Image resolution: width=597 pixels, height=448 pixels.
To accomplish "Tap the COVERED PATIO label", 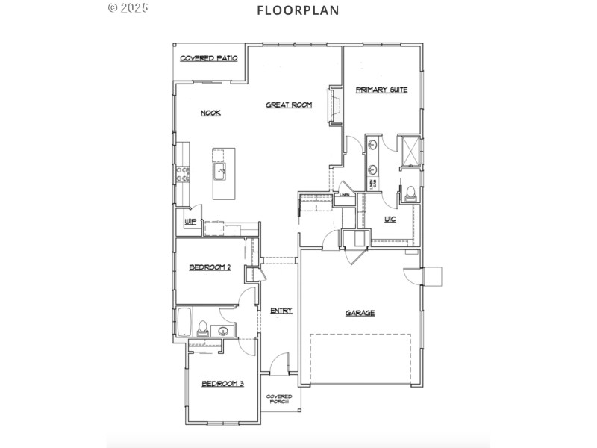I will point(209,57).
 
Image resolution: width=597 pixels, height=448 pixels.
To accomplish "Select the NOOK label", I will point(210,113).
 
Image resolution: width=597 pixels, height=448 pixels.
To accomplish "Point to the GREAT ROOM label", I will point(289,105).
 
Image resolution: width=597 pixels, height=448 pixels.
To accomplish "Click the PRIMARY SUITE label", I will point(381,90).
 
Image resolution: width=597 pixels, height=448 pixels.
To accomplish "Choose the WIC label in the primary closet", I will point(390,219).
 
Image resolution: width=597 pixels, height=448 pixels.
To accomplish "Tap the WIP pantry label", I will point(190,222).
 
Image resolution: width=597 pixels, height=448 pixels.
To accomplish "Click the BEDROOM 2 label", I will point(210,267).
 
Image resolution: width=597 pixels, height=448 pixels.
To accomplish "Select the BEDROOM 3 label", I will point(222,384).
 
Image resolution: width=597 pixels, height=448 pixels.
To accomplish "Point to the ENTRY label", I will point(281,311).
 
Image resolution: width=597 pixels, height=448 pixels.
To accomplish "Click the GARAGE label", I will point(360,313).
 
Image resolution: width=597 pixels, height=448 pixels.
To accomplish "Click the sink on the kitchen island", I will point(220,172).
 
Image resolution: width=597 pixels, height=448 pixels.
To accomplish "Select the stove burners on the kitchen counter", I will point(182,173).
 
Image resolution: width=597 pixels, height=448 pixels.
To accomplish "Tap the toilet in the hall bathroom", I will point(201,326).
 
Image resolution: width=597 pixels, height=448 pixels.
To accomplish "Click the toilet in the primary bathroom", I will point(410,192).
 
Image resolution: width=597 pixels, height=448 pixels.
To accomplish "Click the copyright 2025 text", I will point(128,8).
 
